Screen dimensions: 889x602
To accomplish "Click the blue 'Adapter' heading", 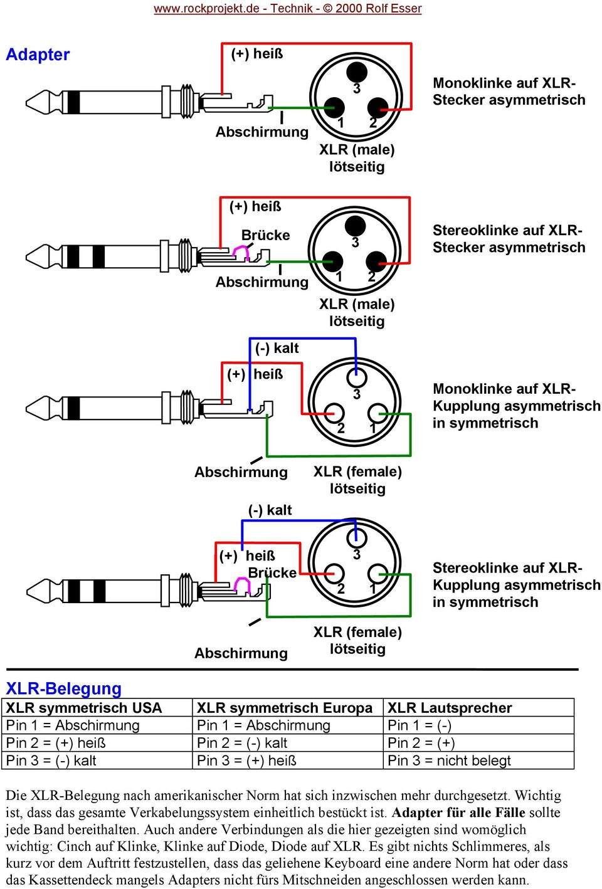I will pyautogui.click(x=38, y=55).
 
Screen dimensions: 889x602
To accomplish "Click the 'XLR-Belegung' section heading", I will pyautogui.click(x=63, y=688).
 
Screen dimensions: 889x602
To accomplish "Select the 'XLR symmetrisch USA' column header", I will pyautogui.click(x=84, y=708).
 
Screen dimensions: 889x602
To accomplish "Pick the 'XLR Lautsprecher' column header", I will pyautogui.click(x=450, y=708).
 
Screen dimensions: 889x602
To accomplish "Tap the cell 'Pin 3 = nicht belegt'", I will pyautogui.click(x=449, y=760).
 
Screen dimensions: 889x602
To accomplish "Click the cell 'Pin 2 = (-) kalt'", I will pyautogui.click(x=242, y=743).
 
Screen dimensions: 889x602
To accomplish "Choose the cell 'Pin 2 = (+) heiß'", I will pyautogui.click(x=56, y=743).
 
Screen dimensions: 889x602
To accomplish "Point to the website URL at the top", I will pyautogui.click(x=288, y=9).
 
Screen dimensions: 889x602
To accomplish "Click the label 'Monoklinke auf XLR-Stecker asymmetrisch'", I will pyautogui.click(x=509, y=92).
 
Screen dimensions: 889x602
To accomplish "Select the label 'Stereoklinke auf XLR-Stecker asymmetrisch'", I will pyautogui.click(x=509, y=239).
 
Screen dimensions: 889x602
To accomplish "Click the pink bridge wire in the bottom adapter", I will pyautogui.click(x=242, y=586).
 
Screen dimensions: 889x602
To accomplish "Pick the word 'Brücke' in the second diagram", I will pyautogui.click(x=266, y=235).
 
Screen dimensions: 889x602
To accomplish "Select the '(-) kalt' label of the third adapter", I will pyautogui.click(x=277, y=348).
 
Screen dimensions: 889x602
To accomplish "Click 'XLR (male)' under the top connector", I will pyautogui.click(x=357, y=149).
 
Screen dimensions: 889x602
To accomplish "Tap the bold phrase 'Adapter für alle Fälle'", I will pyautogui.click(x=458, y=813).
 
